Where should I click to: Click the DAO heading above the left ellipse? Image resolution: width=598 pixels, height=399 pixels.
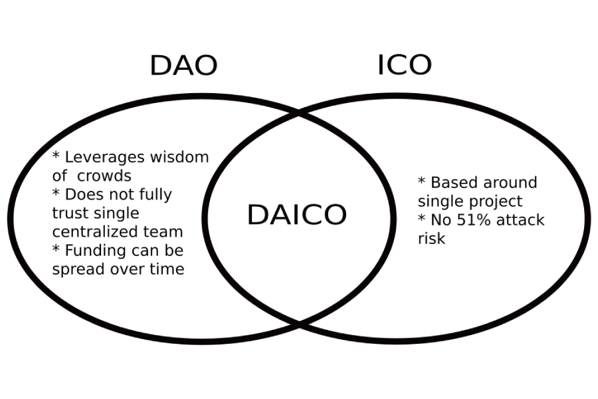[x=184, y=65]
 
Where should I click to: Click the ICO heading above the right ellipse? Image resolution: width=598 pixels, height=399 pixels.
[x=405, y=65]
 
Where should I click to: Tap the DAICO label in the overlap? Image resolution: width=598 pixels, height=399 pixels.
[x=297, y=215]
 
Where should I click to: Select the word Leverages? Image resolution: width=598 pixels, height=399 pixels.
[x=105, y=158]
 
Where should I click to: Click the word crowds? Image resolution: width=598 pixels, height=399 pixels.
[x=104, y=176]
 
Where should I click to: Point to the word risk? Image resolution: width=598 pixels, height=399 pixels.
[x=432, y=239]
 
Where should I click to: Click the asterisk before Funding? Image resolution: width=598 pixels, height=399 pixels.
[x=56, y=249]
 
